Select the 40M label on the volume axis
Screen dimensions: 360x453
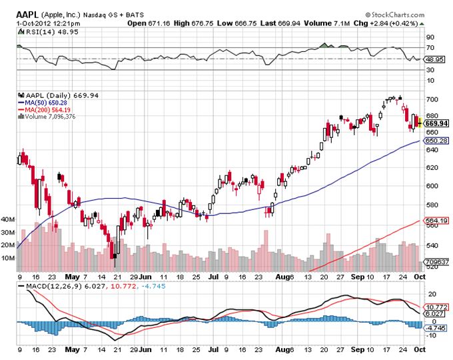pos(8,219)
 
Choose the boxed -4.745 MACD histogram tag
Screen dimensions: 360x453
pos(435,328)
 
